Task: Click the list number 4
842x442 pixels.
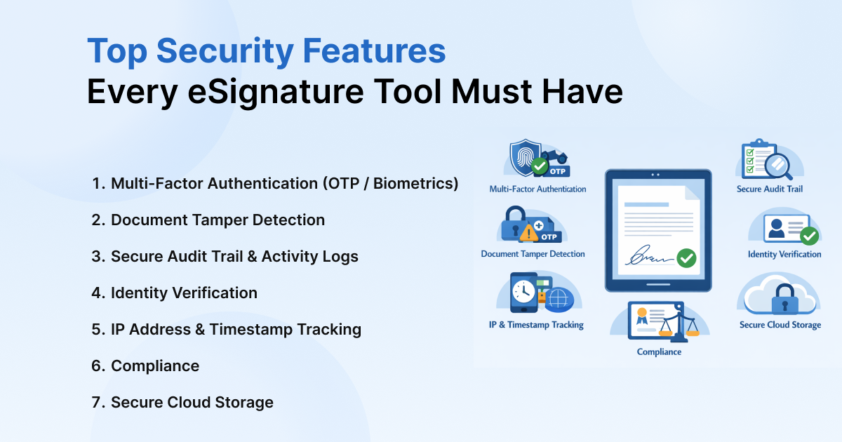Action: (x=97, y=293)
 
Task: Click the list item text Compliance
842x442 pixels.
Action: (x=155, y=366)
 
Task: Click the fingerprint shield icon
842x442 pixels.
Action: (x=524, y=156)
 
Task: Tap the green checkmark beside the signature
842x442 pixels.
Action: (x=686, y=258)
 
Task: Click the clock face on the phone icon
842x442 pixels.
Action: (x=522, y=291)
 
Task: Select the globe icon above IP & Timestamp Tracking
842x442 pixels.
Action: (x=559, y=299)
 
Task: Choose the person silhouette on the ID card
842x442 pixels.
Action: (x=776, y=229)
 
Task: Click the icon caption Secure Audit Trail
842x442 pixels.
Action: (x=770, y=189)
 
